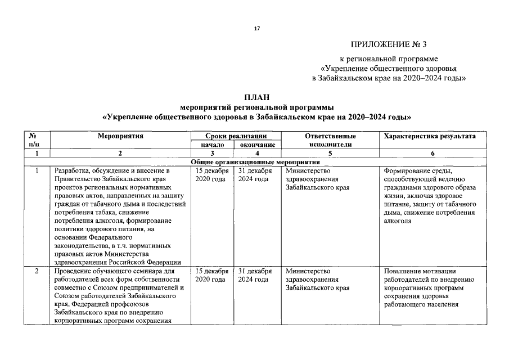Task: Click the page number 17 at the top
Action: [x=256, y=28]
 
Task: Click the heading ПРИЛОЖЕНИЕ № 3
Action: [x=393, y=44]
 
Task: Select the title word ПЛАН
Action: [x=256, y=97]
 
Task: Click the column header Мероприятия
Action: [x=120, y=136]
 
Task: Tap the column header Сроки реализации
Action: [x=235, y=136]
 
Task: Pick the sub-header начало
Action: [x=212, y=145]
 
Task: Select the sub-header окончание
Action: [x=258, y=145]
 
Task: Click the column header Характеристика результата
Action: [x=429, y=136]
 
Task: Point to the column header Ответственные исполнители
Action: [x=330, y=140]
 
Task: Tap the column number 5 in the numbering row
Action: [x=330, y=153]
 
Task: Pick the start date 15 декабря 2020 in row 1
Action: [x=211, y=174]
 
